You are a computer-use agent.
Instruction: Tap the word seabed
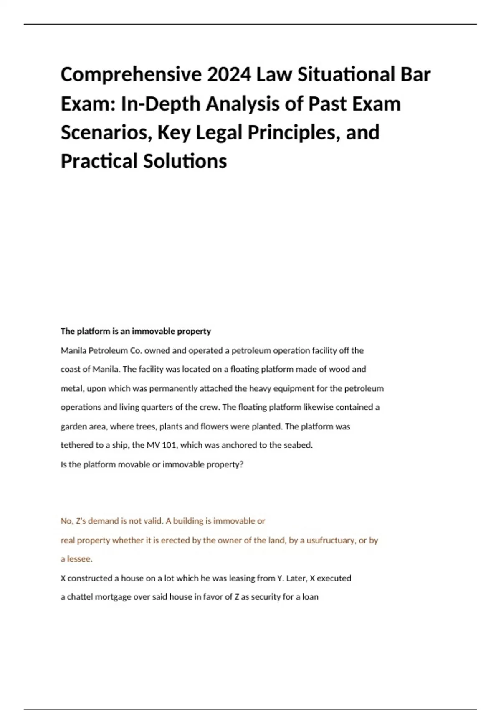[x=298, y=445]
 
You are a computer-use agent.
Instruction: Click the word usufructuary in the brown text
[x=331, y=540]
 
